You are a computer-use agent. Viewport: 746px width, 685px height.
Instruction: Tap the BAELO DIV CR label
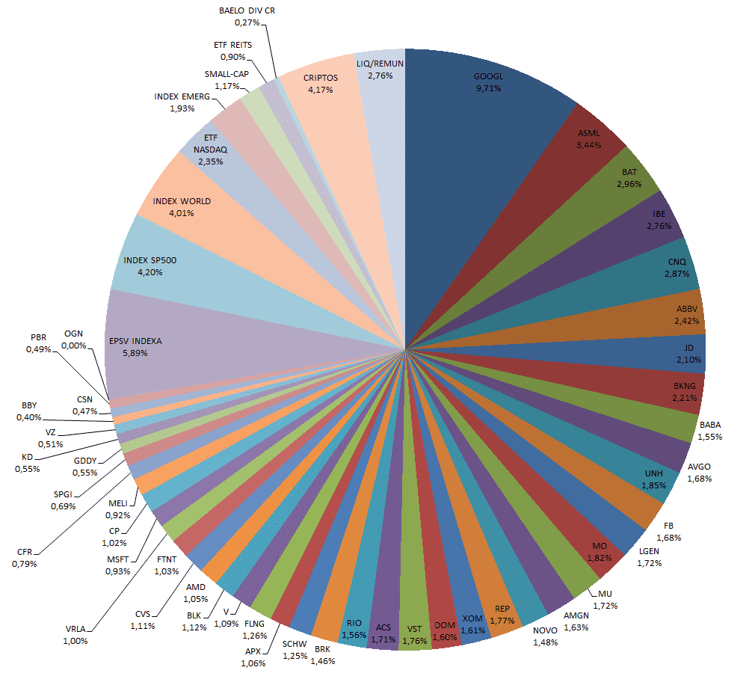[x=247, y=11]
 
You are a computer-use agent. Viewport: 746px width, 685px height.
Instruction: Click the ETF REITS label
[x=232, y=45]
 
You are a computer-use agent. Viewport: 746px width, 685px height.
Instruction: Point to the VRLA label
[x=75, y=629]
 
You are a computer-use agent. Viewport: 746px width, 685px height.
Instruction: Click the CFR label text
[x=24, y=552]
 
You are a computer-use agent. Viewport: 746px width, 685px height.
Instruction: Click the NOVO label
[x=546, y=631]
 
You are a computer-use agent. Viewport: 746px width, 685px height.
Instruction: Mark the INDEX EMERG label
[x=182, y=96]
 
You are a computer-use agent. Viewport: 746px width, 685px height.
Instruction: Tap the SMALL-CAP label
[x=226, y=74]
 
